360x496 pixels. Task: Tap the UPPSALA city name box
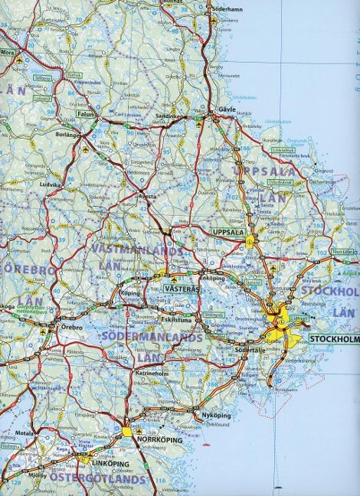(227, 231)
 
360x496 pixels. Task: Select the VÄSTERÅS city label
(182, 289)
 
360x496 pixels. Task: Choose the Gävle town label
(227, 109)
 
